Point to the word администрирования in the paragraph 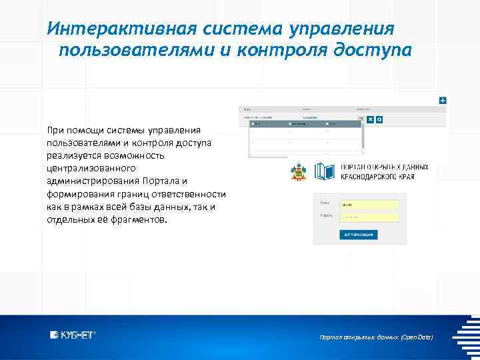click(92, 181)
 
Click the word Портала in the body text click(164, 181)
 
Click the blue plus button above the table click(443, 100)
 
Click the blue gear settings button click(379, 119)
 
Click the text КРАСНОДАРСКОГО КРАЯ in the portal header click(377, 177)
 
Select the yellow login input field click(369, 205)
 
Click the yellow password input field click(369, 217)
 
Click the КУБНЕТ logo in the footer click(73, 335)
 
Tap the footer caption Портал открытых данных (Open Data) click(377, 338)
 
